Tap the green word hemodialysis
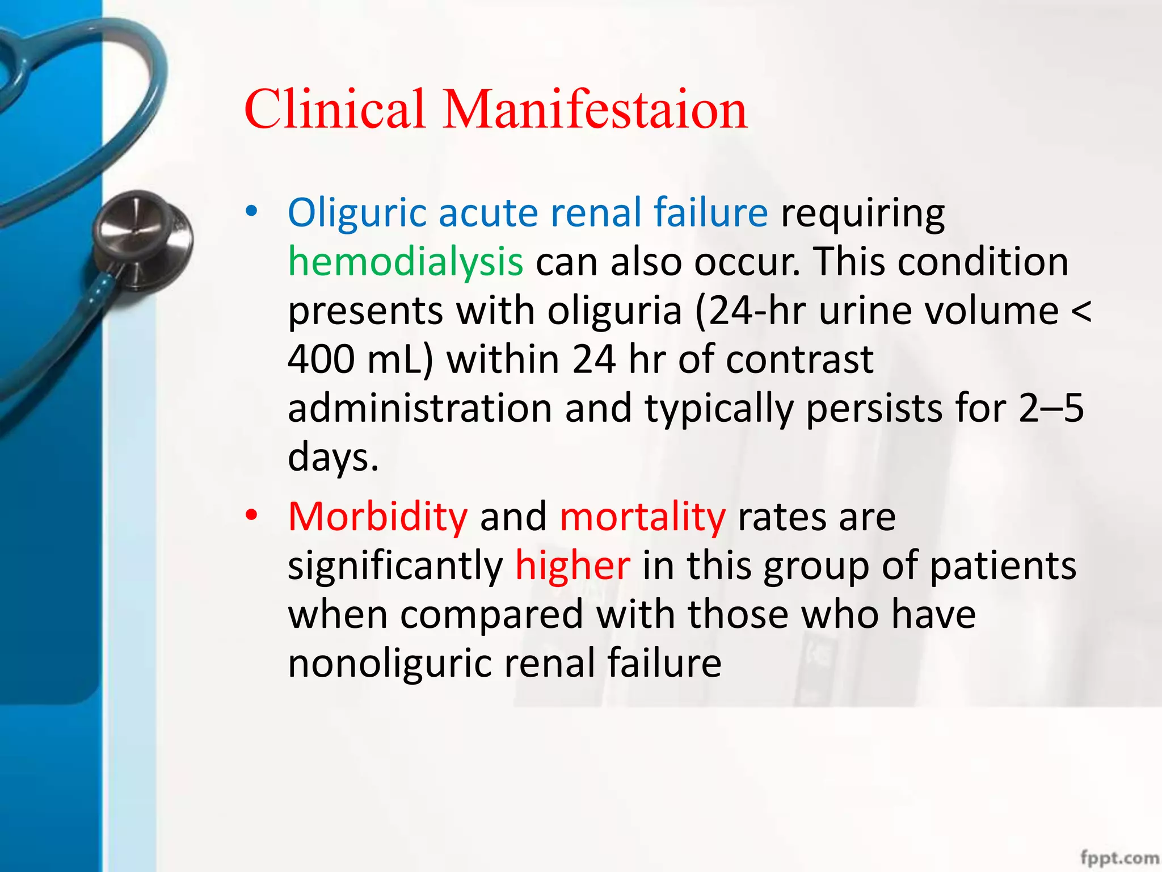pos(405,262)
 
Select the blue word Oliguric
pos(357,213)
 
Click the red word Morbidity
pos(378,517)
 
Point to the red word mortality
pos(642,517)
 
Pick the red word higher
pos(572,566)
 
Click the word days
pos(332,458)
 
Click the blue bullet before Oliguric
pos(251,212)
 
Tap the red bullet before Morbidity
pos(251,515)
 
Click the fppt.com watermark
pos(1119,858)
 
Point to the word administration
pos(420,408)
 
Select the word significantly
pos(395,566)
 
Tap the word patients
pos(1003,566)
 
